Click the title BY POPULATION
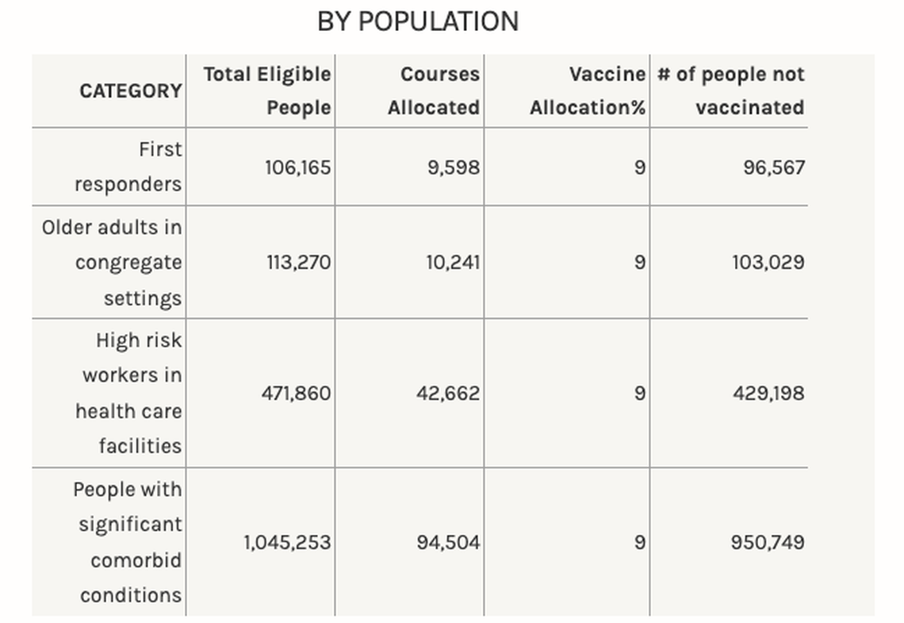coord(418,21)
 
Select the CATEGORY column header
coord(131,91)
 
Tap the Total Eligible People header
coord(267,90)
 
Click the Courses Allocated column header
coord(434,90)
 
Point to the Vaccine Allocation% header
coord(588,90)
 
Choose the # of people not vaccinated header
coord(731,90)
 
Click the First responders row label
coord(128,167)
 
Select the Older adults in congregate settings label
coord(113,263)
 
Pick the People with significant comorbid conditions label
coord(128,542)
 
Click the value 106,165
coord(298,167)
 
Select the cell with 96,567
coord(774,167)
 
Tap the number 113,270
coord(298,263)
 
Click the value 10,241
coord(453,263)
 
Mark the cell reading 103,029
coord(768,263)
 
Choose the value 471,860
coord(296,393)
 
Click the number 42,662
coord(448,393)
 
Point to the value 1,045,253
coord(287,543)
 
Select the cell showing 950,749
coord(768,543)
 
